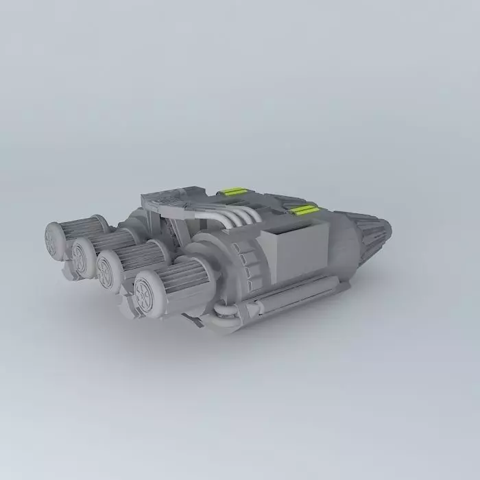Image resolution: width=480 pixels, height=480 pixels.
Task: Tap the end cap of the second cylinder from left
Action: click(x=82, y=257)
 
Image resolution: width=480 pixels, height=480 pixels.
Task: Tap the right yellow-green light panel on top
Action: click(x=304, y=208)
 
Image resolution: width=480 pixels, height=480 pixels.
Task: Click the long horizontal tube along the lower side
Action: click(x=274, y=298)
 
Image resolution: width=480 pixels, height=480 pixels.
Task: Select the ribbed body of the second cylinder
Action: click(x=113, y=241)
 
